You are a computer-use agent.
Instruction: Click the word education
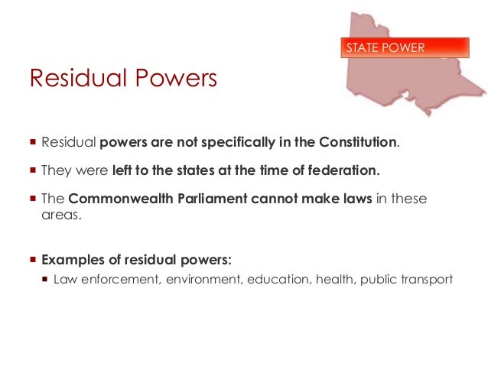pos(281,279)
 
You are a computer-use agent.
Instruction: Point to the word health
pos(335,279)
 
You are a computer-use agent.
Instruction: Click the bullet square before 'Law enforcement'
pos(44,279)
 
